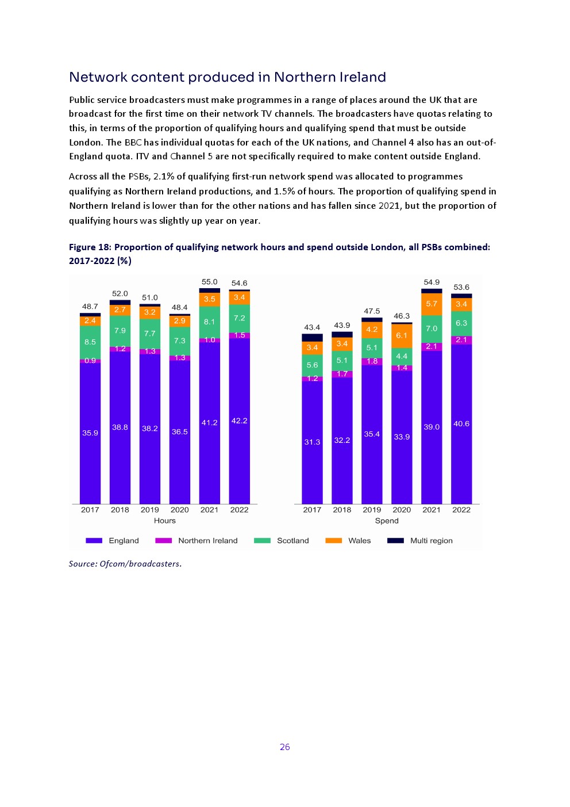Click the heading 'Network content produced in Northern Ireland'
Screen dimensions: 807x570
(x=227, y=77)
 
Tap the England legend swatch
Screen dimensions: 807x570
(x=94, y=541)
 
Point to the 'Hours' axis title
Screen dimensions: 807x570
(x=164, y=521)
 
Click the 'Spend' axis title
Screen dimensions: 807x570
(x=386, y=521)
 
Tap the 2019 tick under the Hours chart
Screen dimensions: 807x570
(x=149, y=510)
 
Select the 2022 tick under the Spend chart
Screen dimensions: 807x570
(x=461, y=510)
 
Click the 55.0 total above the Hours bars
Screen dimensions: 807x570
(x=209, y=282)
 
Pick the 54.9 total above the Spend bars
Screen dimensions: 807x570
(x=431, y=282)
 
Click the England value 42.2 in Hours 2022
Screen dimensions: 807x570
(x=239, y=420)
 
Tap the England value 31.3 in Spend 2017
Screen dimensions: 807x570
(x=312, y=442)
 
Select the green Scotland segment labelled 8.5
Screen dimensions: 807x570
(x=90, y=342)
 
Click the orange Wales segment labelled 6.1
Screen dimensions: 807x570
(x=402, y=335)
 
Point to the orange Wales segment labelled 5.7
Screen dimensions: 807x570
(x=432, y=304)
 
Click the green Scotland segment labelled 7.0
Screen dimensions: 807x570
(x=432, y=328)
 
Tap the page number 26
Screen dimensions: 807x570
(x=284, y=747)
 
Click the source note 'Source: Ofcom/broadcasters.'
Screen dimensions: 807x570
(x=125, y=564)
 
